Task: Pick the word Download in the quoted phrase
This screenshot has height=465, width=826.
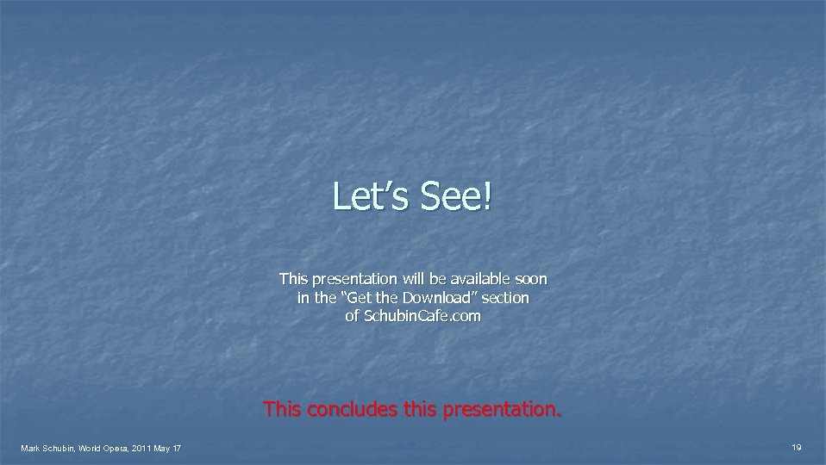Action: (x=442, y=298)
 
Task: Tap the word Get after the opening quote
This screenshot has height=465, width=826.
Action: (x=366, y=298)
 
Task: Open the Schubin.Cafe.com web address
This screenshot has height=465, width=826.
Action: (x=422, y=316)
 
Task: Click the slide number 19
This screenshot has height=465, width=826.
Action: (x=797, y=447)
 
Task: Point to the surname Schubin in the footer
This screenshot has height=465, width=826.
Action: (x=60, y=448)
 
